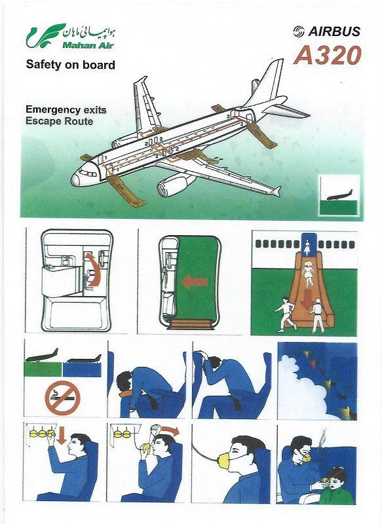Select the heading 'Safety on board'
coord(70,65)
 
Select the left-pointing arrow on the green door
coord(194,282)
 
